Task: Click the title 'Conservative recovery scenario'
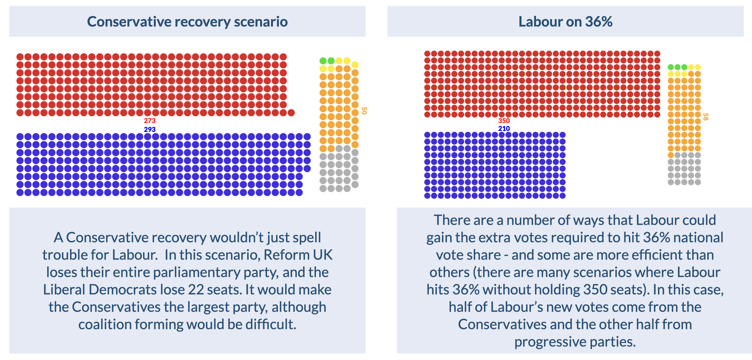pos(187,22)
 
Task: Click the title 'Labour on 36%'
pos(565,22)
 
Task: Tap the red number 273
pos(149,121)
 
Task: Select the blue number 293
pos(149,129)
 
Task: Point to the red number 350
pos(504,121)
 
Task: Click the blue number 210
pos(504,128)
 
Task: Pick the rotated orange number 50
pos(364,111)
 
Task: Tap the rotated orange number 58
pos(705,117)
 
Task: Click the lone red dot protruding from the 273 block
pos(291,113)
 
